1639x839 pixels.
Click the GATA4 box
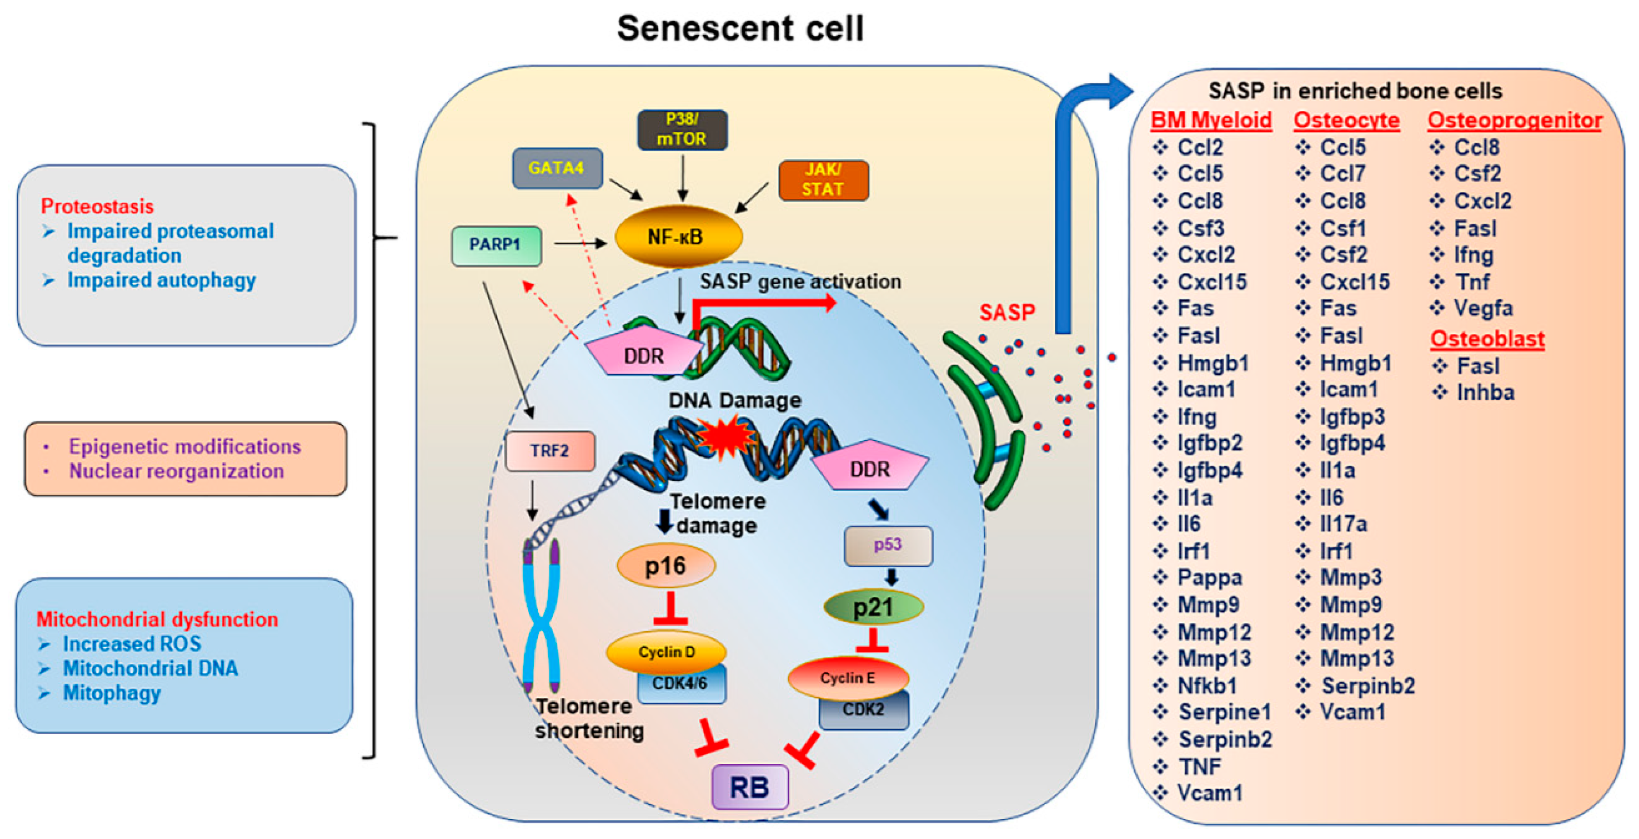[557, 168]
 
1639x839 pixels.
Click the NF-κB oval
[677, 237]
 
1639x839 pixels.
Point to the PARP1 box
[496, 245]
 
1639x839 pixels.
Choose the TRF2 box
[550, 451]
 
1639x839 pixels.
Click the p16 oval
[666, 565]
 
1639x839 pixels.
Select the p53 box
[888, 545]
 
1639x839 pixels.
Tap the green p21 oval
[873, 607]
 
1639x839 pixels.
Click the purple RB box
[749, 787]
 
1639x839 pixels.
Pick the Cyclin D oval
[666, 651]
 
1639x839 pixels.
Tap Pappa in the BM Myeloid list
[1209, 577]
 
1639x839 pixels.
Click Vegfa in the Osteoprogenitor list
[1482, 308]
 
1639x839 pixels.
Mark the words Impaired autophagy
[161, 280]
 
